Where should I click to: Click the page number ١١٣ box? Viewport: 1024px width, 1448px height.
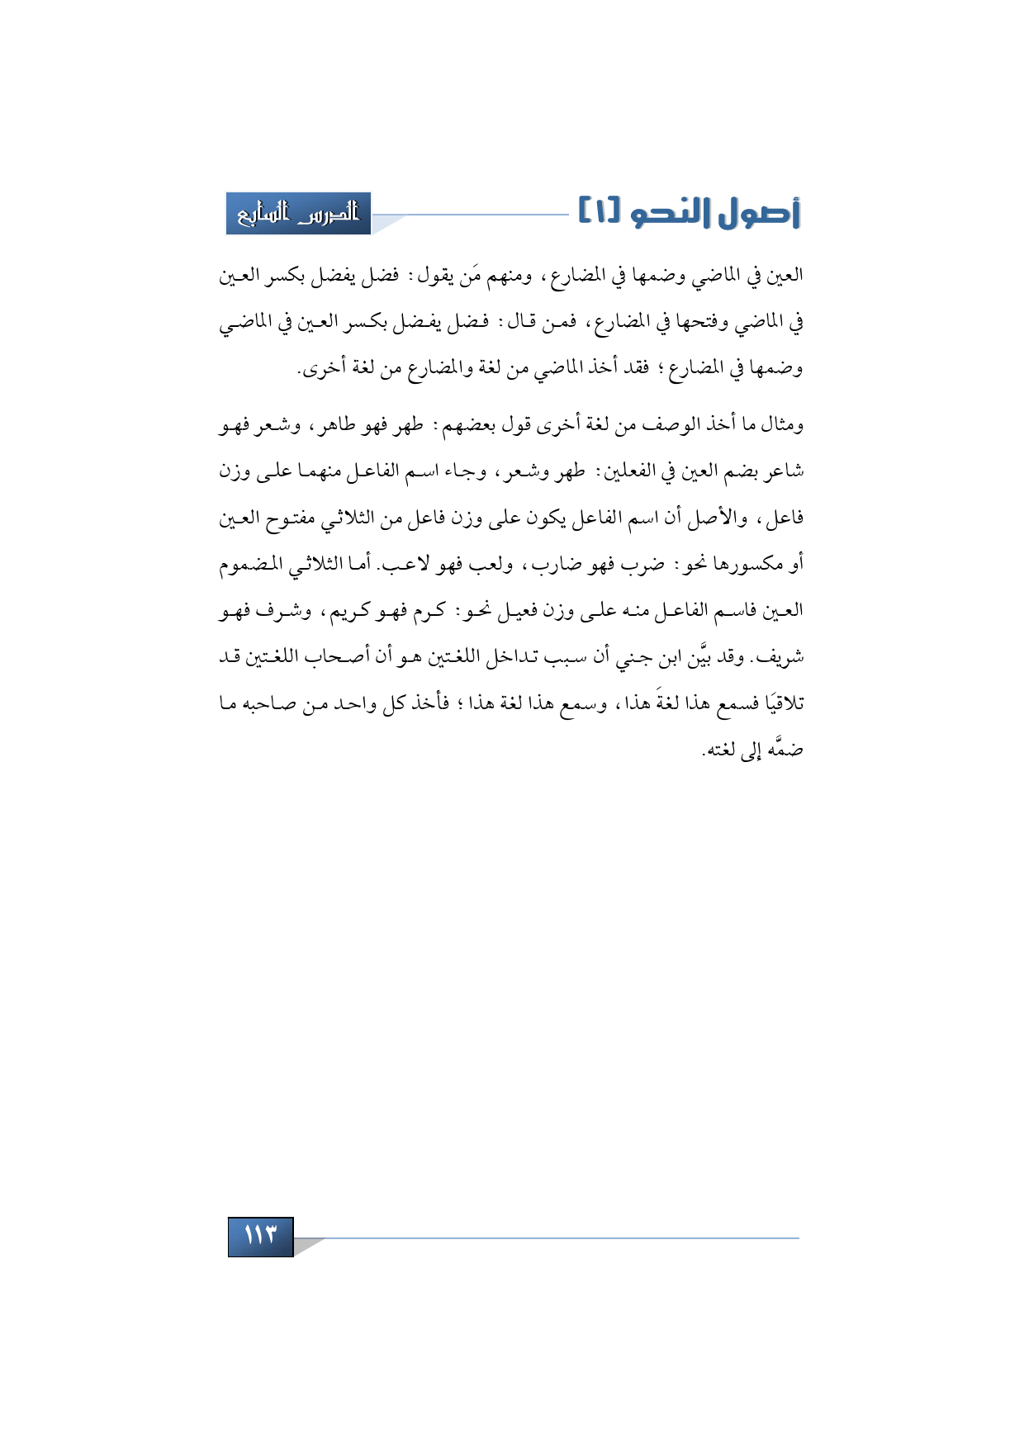(x=260, y=1236)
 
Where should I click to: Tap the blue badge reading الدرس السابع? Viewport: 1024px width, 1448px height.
(x=298, y=214)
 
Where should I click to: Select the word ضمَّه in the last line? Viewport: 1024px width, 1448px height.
(x=785, y=750)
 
